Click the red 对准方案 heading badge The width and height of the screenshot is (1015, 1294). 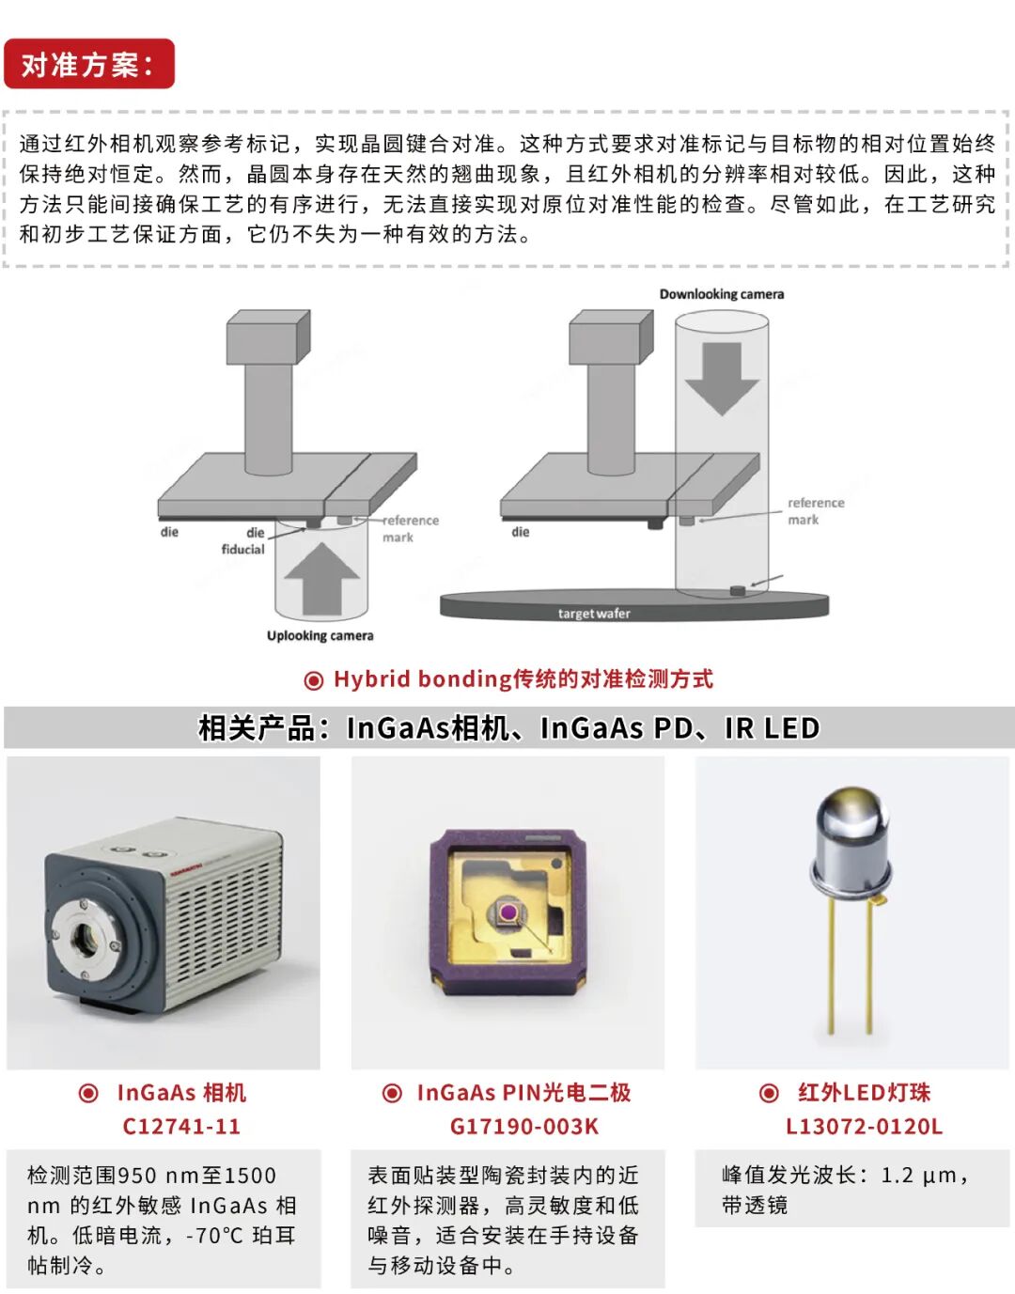[x=89, y=64]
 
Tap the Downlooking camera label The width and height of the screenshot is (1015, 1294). [x=722, y=294]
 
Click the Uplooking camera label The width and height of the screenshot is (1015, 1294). [x=320, y=636]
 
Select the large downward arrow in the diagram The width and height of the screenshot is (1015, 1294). [x=722, y=379]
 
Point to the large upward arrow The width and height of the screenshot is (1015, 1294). [x=322, y=578]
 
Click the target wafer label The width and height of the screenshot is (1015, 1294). [x=594, y=614]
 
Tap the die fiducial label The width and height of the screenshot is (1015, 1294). [x=243, y=540]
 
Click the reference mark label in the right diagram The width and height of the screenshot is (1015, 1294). [x=816, y=511]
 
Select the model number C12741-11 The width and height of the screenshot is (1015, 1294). [x=181, y=1126]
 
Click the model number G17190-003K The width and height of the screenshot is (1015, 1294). [x=524, y=1126]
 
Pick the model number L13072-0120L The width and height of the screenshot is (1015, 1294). [x=865, y=1126]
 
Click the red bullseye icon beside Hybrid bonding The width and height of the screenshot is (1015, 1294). [x=314, y=680]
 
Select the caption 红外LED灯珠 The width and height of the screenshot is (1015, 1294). [x=864, y=1093]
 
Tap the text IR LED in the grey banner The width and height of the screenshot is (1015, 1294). [x=773, y=727]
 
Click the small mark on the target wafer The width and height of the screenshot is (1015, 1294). [x=738, y=591]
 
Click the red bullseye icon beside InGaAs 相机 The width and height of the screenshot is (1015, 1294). [x=88, y=1093]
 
